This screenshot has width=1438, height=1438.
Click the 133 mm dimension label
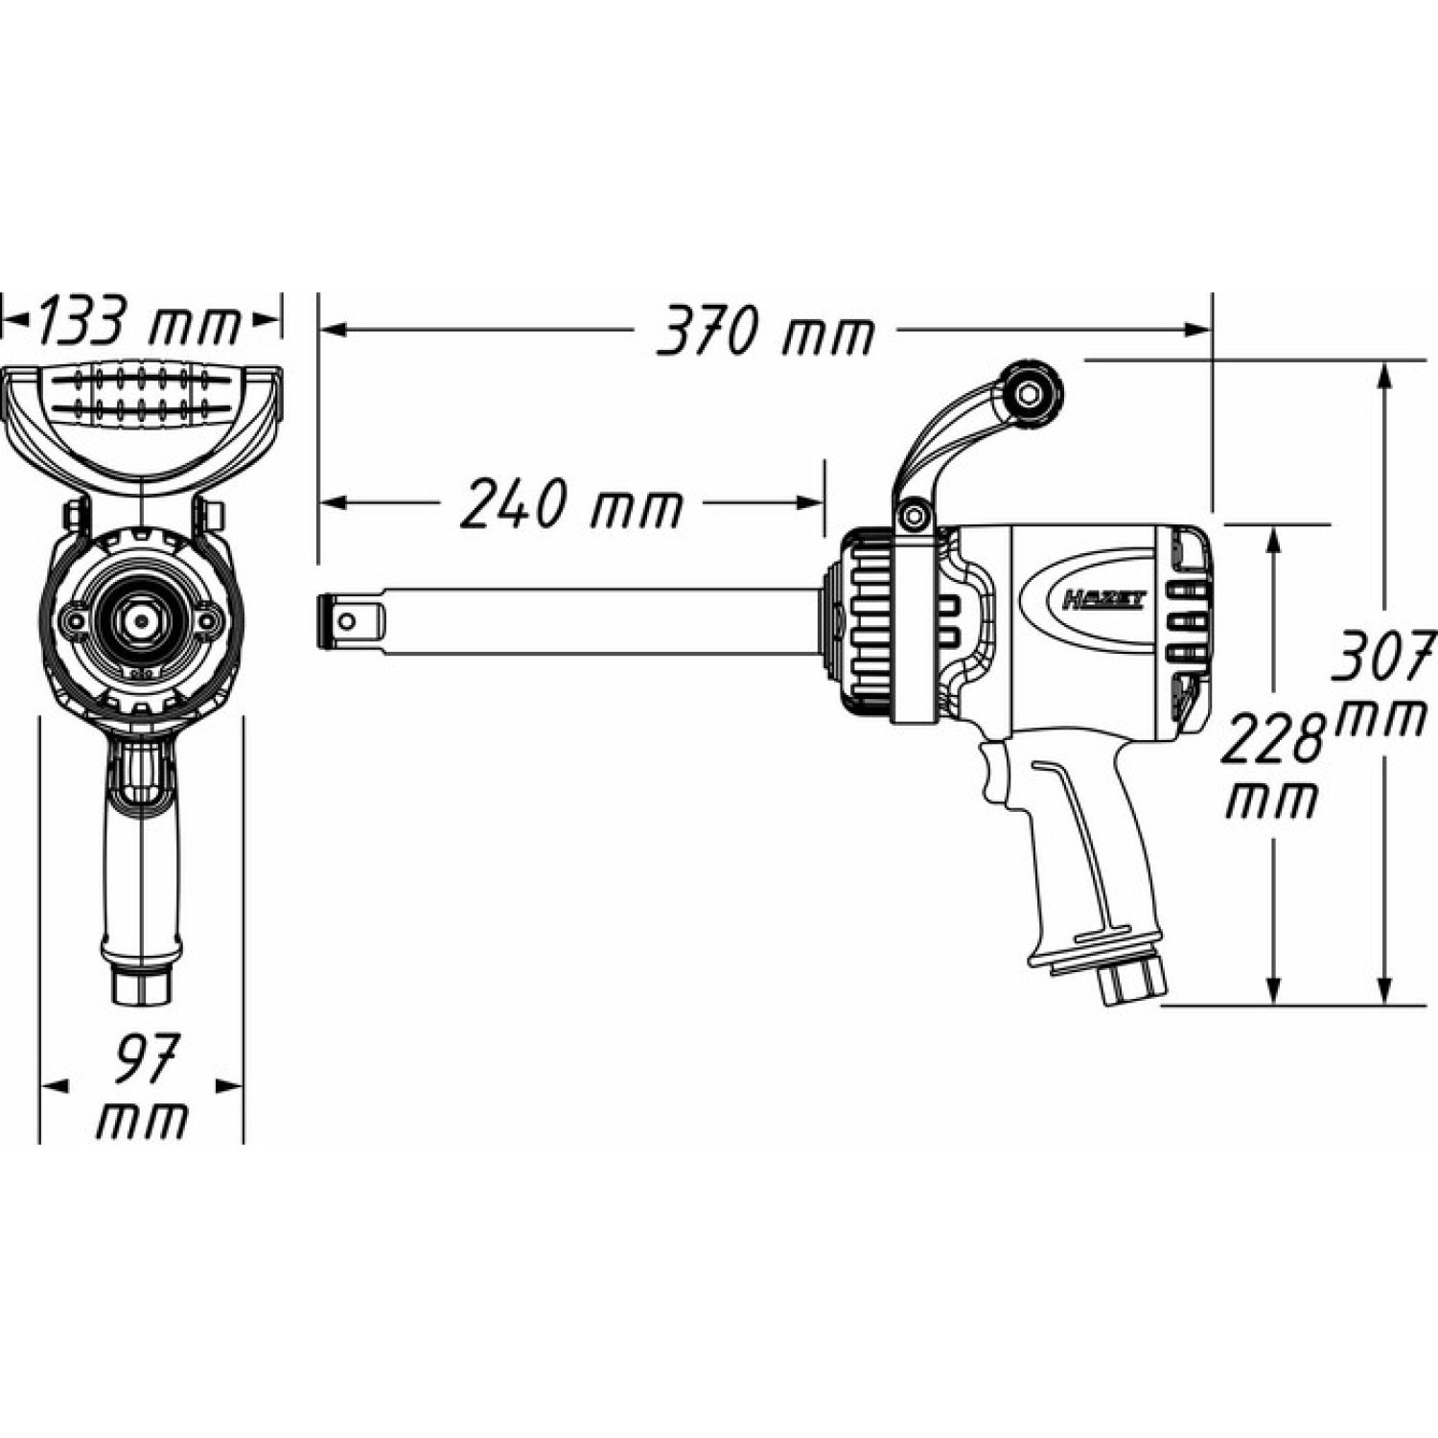pos(137,321)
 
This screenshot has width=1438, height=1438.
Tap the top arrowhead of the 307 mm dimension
pos(1383,375)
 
